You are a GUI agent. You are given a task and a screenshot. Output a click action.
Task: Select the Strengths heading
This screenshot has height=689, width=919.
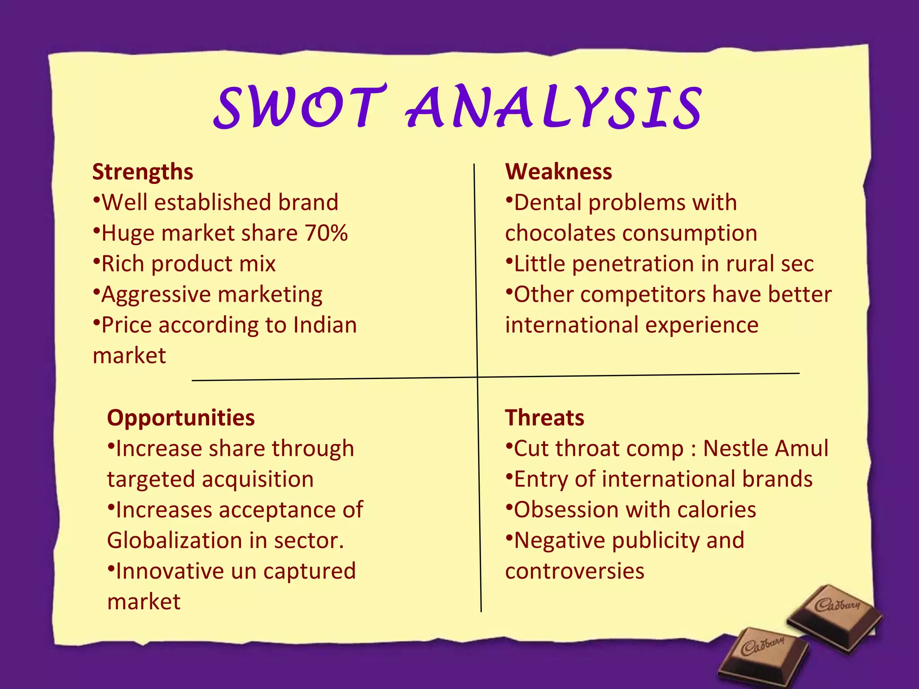click(x=143, y=172)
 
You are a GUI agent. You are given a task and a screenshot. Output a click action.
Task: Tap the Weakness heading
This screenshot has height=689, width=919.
click(x=558, y=172)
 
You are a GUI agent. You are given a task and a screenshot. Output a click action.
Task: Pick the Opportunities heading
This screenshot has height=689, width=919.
click(x=181, y=418)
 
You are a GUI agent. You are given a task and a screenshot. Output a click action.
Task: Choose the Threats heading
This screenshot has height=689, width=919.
click(x=544, y=418)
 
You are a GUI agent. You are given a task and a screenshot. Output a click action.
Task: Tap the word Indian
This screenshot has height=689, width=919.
click(x=325, y=325)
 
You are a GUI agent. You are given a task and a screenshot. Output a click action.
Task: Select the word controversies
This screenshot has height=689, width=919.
click(x=575, y=571)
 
